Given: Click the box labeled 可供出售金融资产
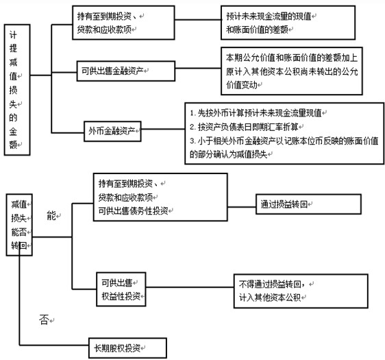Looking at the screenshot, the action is [x=126, y=71].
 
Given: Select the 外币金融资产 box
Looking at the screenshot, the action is [x=112, y=131].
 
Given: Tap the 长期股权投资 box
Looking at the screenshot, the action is [x=127, y=348].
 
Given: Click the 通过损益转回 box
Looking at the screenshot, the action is [x=308, y=204].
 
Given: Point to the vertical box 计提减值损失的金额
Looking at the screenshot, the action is [x=17, y=90].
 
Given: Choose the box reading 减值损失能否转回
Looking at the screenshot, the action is [x=19, y=225].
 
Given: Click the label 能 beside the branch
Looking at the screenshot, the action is [x=51, y=215].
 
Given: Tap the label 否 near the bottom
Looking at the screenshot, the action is [x=45, y=320].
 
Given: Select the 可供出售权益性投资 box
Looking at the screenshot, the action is [x=121, y=289].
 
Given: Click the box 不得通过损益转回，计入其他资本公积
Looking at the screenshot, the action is [x=301, y=291].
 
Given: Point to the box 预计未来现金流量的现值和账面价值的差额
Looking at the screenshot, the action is [x=288, y=23].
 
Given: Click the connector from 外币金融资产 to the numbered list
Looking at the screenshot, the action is [x=163, y=129].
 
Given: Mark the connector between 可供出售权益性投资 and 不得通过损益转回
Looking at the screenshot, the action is [x=190, y=287].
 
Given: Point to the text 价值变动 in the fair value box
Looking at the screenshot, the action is [x=242, y=85].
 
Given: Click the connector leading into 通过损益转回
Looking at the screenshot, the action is [x=242, y=206].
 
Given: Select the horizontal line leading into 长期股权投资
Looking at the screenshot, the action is [x=54, y=345].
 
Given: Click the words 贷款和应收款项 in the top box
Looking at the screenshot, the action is [x=104, y=29].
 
